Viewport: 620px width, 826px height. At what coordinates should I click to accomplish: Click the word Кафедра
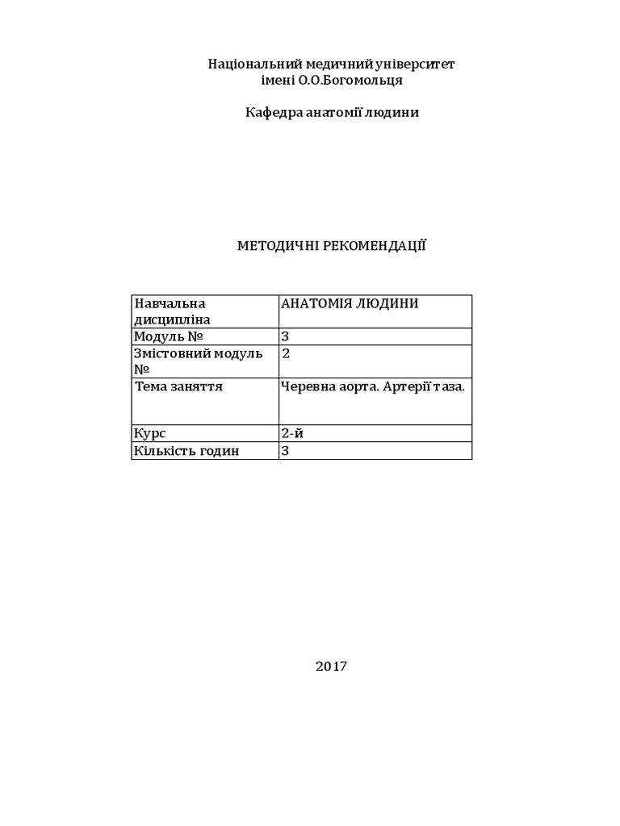272,113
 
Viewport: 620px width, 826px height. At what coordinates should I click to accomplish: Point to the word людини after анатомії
394,113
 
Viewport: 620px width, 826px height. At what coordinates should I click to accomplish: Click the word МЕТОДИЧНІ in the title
278,245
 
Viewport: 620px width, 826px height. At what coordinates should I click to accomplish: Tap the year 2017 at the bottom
331,666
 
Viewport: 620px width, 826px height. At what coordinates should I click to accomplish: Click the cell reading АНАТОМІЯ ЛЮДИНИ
349,303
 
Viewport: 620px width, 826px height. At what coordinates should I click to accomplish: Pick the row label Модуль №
169,336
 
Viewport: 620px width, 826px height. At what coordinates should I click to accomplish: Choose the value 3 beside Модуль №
285,336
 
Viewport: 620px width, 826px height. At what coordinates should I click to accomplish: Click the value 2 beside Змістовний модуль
285,353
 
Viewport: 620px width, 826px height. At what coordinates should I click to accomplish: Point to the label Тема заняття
178,386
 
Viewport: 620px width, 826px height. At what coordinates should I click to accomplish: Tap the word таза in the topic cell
450,386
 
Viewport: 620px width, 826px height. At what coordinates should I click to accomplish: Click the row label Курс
150,434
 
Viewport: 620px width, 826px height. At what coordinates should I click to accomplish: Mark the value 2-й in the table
292,434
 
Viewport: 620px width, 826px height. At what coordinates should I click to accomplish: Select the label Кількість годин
187,451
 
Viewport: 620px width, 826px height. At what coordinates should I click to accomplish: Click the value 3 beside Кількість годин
285,451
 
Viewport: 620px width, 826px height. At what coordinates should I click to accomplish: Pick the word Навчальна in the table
170,303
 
